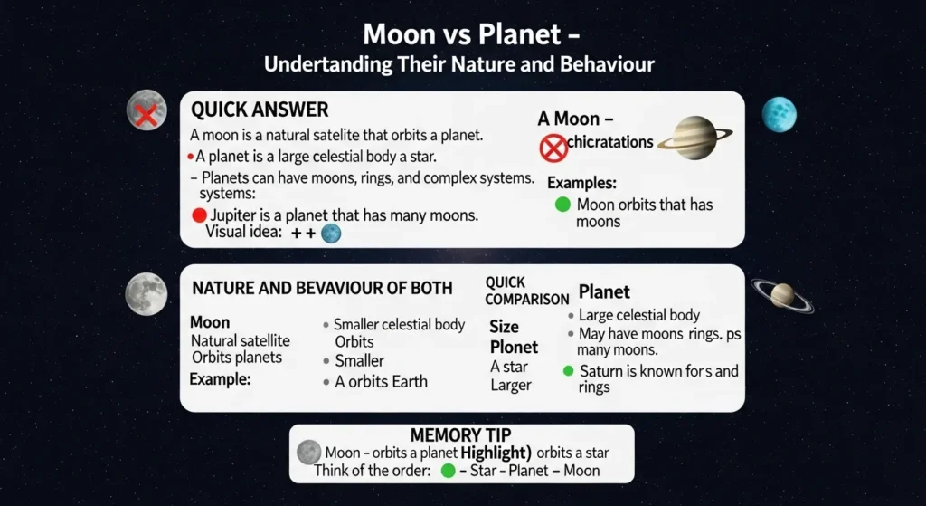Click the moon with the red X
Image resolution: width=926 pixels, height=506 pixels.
click(146, 111)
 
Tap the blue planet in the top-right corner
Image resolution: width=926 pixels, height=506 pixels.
click(779, 115)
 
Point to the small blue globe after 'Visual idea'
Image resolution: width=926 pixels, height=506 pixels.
click(331, 234)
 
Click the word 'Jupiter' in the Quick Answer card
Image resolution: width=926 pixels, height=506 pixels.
click(233, 215)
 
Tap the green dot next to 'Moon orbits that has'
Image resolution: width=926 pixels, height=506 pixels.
click(562, 205)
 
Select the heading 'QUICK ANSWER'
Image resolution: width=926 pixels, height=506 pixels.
click(260, 110)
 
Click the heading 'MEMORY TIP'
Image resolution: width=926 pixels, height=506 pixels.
click(461, 434)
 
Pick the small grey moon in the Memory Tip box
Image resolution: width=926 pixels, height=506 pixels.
click(309, 452)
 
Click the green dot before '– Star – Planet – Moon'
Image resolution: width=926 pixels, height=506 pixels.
click(447, 471)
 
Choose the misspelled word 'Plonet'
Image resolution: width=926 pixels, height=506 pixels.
click(514, 347)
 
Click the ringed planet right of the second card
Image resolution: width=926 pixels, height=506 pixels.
click(782, 294)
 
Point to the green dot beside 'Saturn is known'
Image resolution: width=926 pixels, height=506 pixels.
click(568, 371)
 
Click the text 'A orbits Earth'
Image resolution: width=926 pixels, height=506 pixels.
click(381, 381)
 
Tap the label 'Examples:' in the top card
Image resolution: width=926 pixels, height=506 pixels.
click(581, 183)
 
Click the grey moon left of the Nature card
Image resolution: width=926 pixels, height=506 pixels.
click(146, 293)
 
